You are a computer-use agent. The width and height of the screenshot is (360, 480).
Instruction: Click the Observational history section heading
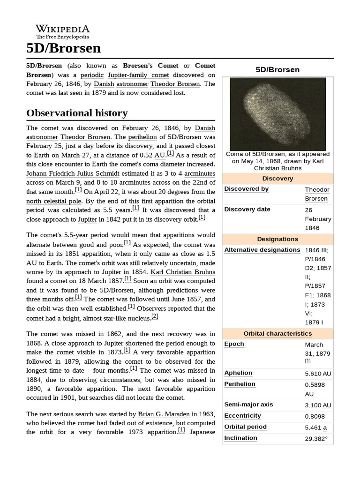77,113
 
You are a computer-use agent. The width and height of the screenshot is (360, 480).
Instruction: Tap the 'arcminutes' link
197,173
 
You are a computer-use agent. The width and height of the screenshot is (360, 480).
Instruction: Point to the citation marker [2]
155,316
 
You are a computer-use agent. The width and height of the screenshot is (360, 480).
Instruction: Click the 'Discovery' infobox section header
277,179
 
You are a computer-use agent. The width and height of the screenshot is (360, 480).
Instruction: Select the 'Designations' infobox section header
277,239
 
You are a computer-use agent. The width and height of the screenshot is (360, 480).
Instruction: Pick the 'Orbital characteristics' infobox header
277,333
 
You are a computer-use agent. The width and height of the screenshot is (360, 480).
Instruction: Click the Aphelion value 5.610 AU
318,374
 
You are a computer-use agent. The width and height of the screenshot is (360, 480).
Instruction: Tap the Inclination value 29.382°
316,438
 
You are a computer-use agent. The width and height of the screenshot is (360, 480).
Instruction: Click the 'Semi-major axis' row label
248,405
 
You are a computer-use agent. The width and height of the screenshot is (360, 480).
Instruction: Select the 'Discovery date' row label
247,209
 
